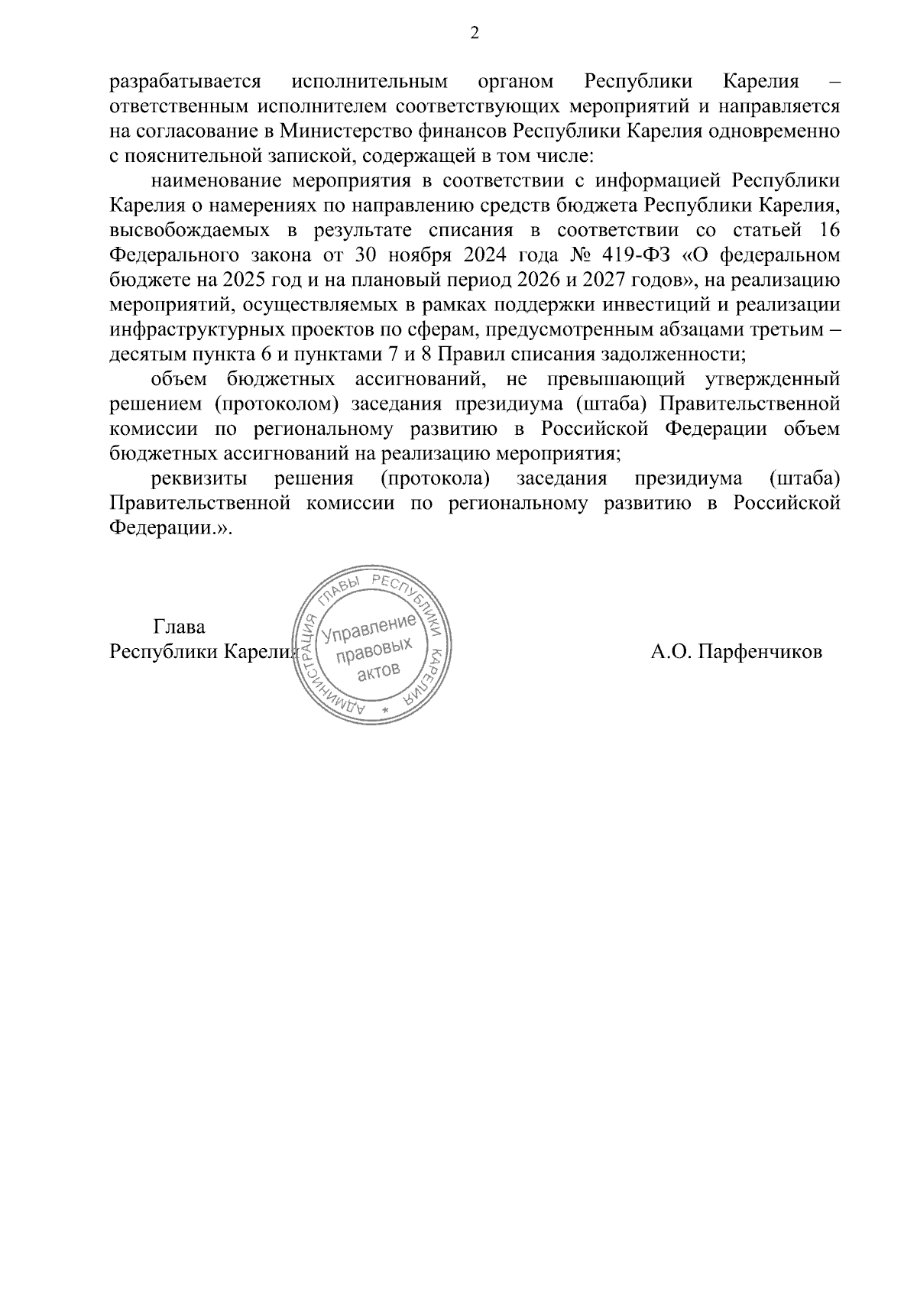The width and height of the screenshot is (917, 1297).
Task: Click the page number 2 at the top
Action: [475, 33]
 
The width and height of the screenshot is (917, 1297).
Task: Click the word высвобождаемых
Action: [183, 230]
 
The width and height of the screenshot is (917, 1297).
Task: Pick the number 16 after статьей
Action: [829, 230]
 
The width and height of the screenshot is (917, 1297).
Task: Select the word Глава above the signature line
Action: [180, 627]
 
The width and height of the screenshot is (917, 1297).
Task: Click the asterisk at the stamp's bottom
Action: [384, 711]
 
